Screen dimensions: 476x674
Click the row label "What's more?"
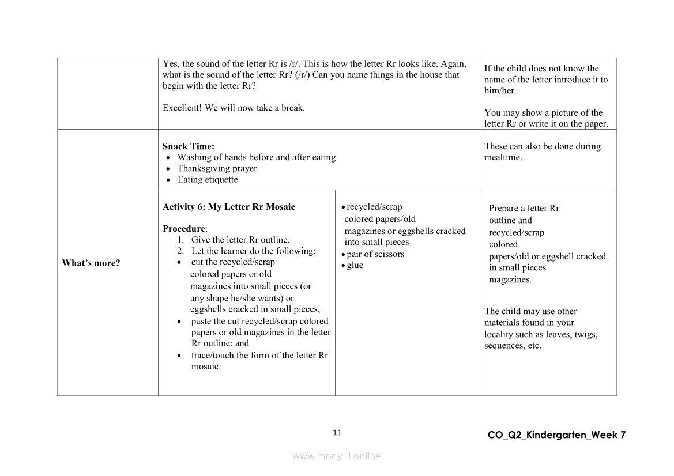coord(91,263)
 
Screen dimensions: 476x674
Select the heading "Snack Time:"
coord(189,146)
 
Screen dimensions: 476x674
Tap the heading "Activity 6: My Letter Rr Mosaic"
coord(229,207)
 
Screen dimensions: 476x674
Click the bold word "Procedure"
coord(184,229)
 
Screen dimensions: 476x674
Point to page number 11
coord(337,433)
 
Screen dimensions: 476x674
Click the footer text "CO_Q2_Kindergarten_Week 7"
coord(556,435)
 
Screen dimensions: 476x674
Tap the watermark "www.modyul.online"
coord(337,456)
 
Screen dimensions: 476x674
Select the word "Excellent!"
coord(181,108)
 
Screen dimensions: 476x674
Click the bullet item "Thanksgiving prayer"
coord(217,168)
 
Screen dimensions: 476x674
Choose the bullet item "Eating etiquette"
coord(208,179)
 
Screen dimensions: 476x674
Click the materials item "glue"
coord(355,265)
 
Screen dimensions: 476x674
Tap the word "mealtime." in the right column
coord(503,157)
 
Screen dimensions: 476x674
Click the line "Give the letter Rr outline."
coord(240,240)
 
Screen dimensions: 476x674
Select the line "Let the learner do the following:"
coord(254,251)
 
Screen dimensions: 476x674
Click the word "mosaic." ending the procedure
coord(206,367)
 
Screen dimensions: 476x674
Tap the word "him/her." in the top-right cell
coord(500,90)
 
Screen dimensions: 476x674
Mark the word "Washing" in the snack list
coord(194,157)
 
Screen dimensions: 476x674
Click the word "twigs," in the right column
coord(586,334)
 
